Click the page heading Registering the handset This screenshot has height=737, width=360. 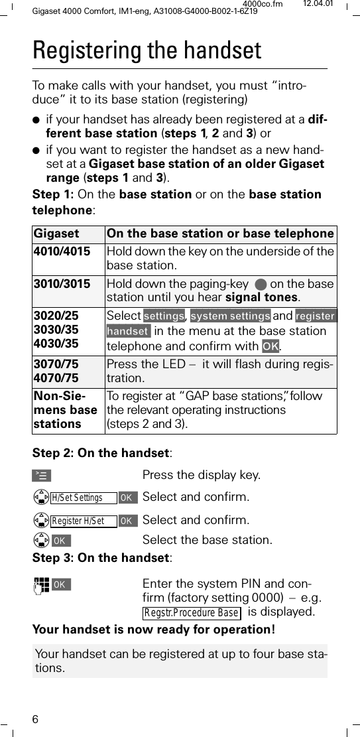point(147,50)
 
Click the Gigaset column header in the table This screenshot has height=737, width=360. point(57,234)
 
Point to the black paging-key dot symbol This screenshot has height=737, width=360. point(276,285)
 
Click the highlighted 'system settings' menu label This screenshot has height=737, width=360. point(230,316)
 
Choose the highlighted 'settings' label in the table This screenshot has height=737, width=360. point(164,316)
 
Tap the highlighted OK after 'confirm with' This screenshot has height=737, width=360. point(270,346)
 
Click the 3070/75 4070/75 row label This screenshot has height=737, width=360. point(56,371)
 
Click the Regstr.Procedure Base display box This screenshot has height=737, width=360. point(191,612)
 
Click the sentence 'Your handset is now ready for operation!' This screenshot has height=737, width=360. point(154,629)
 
